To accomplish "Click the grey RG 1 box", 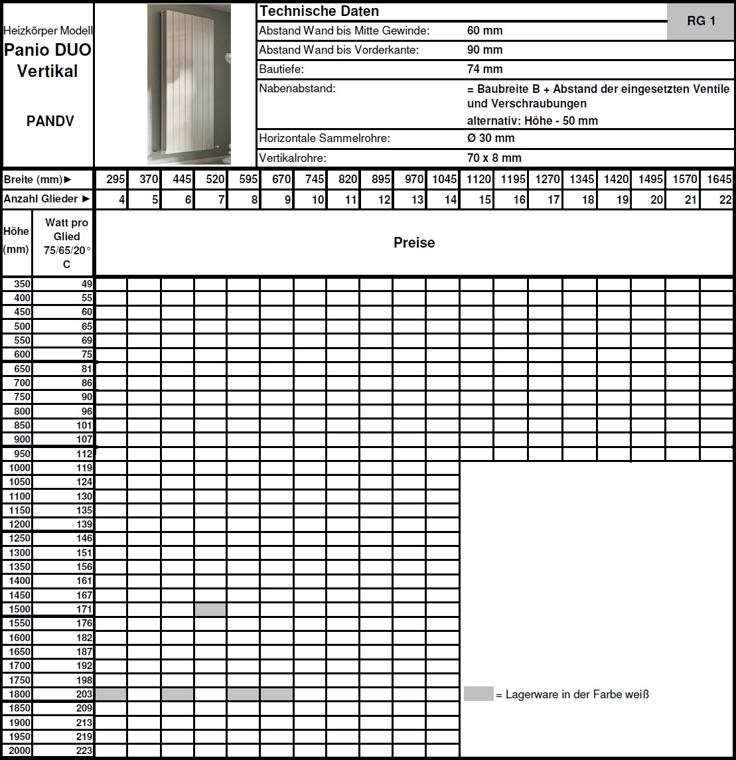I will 701,21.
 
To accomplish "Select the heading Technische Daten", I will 319,11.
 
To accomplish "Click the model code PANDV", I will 50,121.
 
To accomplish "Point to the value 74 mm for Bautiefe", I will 484,69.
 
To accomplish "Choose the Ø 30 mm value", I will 490,138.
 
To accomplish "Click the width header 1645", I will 719,179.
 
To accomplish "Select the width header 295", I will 115,179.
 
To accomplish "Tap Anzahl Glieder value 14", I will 450,199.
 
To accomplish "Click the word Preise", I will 414,243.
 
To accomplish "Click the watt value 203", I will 84,694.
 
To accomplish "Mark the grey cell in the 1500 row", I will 210,609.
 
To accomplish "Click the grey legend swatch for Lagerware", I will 478,694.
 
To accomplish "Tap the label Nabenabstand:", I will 297,88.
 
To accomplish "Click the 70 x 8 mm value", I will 494,158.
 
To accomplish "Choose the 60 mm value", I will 484,31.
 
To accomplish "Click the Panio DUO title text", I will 48,50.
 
